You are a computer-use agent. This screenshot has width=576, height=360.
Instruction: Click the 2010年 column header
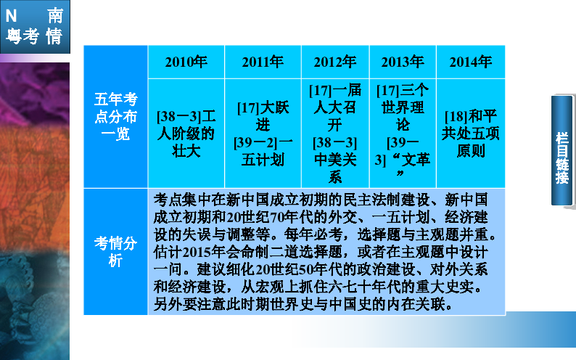coord(186,62)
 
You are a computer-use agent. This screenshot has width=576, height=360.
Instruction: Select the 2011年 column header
coord(263,62)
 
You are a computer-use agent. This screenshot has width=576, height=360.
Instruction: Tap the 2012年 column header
coord(335,62)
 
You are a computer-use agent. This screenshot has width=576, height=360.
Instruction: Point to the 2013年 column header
coord(403,62)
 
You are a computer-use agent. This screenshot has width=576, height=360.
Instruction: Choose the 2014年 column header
coord(471,62)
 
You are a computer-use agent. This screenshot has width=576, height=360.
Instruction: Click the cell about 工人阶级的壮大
coord(186,134)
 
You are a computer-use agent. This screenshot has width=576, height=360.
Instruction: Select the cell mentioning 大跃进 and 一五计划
coord(263,134)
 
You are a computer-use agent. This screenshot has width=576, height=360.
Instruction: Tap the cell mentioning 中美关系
coord(335,134)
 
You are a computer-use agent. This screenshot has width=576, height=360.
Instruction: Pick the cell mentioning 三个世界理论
coord(403,134)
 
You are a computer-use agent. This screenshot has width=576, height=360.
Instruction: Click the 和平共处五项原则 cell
coord(471,134)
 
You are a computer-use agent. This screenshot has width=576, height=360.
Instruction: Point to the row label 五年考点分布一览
coord(116,116)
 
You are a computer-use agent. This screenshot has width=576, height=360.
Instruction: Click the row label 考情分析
coord(116,252)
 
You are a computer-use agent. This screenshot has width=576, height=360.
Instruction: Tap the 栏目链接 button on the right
coord(562,151)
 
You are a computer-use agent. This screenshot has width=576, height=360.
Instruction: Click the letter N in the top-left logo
coord(11,16)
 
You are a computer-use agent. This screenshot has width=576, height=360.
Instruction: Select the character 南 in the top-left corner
coord(55,16)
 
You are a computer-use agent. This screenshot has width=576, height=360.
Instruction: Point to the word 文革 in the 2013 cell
coord(416,160)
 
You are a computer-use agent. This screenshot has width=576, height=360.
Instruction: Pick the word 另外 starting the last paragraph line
coord(168,304)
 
